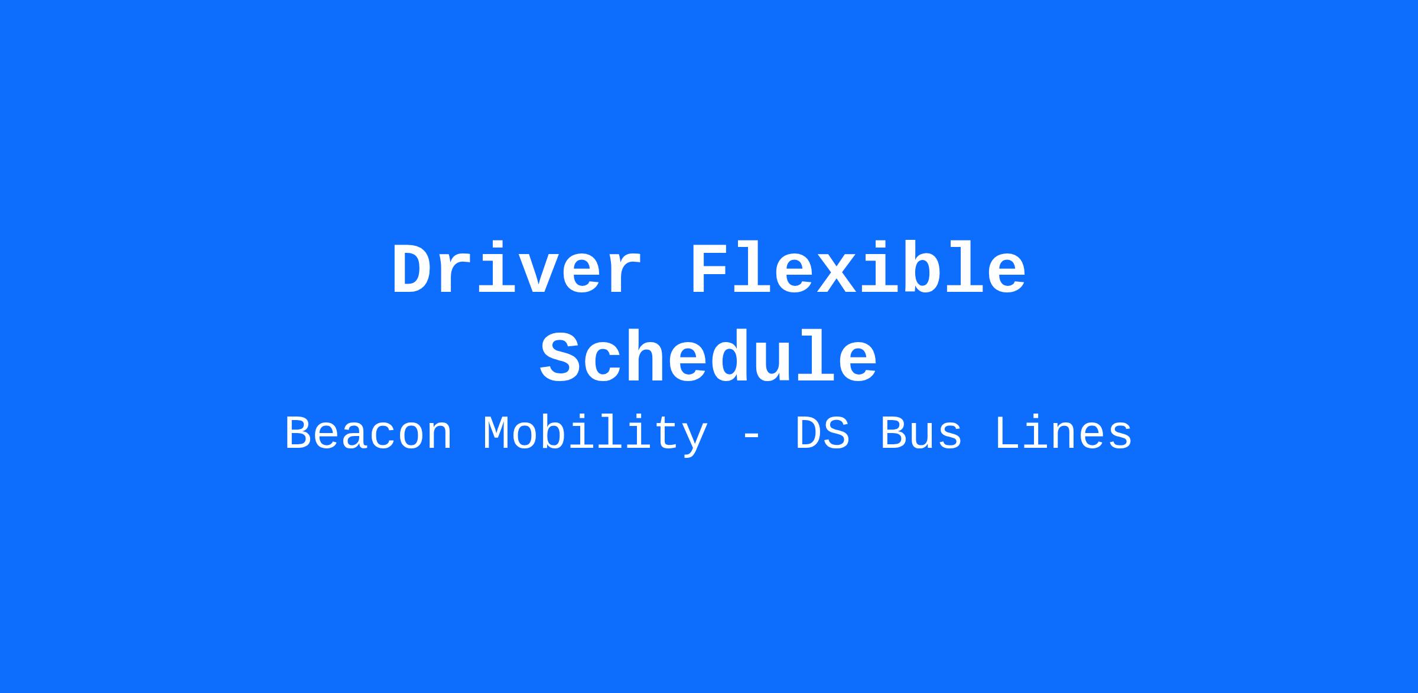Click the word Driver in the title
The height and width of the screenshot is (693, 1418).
pos(516,269)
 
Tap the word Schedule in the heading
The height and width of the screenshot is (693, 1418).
pos(708,358)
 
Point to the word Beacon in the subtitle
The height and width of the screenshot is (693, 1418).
pos(369,434)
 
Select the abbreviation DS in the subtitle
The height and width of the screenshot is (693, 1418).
pos(823,434)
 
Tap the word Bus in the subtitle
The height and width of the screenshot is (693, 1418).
pos(921,434)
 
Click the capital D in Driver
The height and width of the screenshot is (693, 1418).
pos(412,269)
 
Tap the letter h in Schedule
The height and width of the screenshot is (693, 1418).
pos(646,357)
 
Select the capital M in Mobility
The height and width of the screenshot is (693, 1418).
pos(496,434)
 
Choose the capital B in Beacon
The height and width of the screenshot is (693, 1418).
pos(298,434)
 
